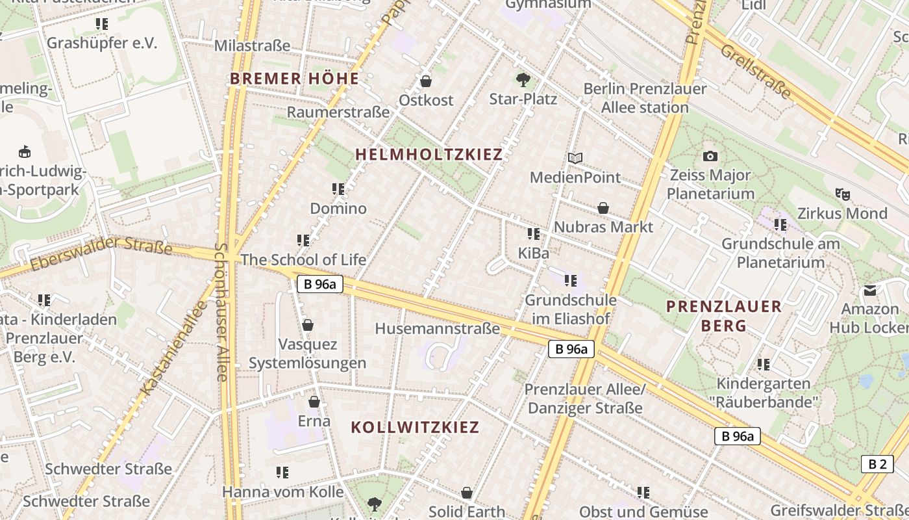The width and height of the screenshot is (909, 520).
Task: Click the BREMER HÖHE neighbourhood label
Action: click(294, 79)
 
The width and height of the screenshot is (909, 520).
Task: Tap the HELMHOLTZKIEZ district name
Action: click(429, 155)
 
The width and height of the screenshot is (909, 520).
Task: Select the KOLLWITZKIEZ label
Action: click(415, 428)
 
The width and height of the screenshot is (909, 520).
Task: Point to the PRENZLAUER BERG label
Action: click(724, 316)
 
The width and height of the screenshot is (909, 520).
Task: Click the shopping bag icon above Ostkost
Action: click(426, 81)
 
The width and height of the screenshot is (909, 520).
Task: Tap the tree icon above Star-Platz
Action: click(523, 80)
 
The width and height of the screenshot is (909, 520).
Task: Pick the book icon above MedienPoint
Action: click(575, 158)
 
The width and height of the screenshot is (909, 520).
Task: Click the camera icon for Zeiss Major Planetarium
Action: click(710, 156)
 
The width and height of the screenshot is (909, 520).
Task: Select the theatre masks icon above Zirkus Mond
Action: click(843, 194)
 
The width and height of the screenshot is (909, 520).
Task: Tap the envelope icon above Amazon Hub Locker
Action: click(869, 290)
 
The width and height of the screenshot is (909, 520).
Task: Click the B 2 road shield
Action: click(877, 464)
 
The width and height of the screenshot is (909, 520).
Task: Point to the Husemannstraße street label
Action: click(438, 329)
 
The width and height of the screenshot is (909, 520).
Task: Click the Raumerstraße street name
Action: click(338, 112)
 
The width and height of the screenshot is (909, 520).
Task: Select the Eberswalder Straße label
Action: click(101, 253)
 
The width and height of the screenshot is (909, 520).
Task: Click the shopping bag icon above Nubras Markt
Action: click(603, 208)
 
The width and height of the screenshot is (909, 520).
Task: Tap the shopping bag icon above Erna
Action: click(314, 402)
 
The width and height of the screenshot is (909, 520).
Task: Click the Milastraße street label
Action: click(252, 46)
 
